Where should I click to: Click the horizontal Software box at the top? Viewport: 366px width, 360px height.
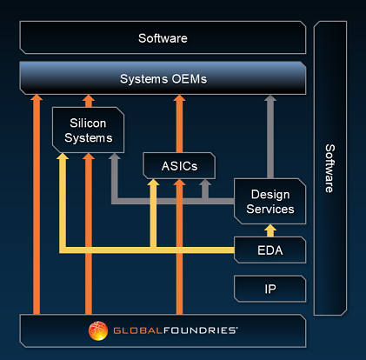tap(163, 37)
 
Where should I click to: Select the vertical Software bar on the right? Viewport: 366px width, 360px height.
tap(330, 168)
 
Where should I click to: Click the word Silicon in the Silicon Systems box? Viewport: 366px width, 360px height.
tap(88, 123)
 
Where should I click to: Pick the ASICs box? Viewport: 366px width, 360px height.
tap(179, 166)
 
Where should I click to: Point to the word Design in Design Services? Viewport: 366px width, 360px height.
tap(270, 195)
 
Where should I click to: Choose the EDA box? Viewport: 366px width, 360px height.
tap(270, 250)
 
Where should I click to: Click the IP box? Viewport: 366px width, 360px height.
tap(270, 289)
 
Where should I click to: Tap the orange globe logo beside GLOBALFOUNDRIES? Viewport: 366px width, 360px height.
tap(98, 330)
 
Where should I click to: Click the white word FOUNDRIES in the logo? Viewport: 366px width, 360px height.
tap(201, 330)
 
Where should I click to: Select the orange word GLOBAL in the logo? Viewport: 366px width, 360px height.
tap(138, 330)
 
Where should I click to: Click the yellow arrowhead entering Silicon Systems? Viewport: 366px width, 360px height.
tap(63, 157)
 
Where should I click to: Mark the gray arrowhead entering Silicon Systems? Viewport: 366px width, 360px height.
tap(115, 157)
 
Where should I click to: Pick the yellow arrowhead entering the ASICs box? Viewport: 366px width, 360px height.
tap(153, 183)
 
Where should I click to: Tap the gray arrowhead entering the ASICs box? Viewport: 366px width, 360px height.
tap(205, 183)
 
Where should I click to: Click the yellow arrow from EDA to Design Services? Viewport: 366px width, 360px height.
tap(270, 230)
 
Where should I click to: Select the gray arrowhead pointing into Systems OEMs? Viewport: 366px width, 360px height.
tap(270, 98)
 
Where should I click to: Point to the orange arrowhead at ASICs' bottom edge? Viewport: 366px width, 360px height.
tap(179, 183)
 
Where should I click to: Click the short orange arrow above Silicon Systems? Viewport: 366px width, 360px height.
tap(89, 101)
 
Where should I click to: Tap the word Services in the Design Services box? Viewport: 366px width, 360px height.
tap(270, 210)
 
